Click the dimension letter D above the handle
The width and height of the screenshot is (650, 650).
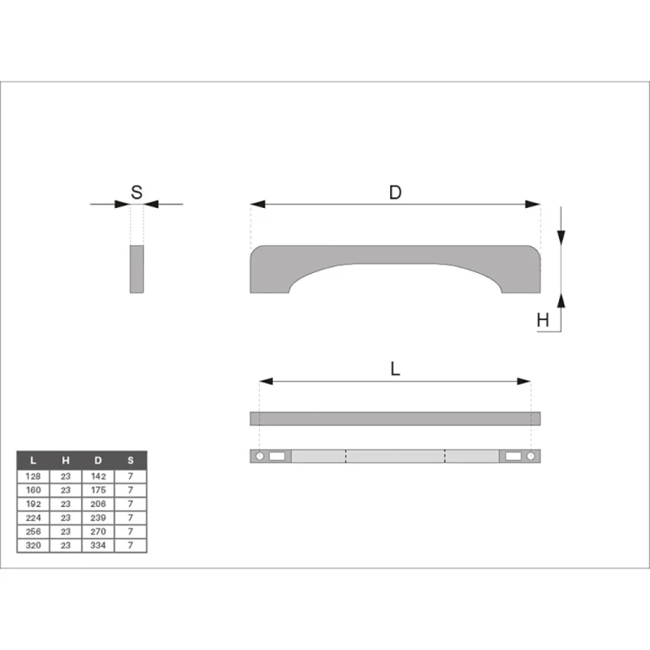(x=395, y=192)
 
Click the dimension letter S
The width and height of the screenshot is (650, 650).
(x=136, y=192)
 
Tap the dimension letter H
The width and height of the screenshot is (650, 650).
(x=543, y=321)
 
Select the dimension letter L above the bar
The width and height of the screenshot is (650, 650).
(x=395, y=368)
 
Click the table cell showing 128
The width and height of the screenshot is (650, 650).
(x=33, y=477)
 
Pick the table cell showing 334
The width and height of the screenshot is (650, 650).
(x=98, y=545)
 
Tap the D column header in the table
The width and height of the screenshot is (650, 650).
(x=98, y=460)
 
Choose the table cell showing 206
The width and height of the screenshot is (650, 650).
(x=98, y=504)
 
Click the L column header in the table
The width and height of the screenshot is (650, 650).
(x=33, y=460)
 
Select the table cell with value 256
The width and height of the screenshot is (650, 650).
(x=33, y=531)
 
